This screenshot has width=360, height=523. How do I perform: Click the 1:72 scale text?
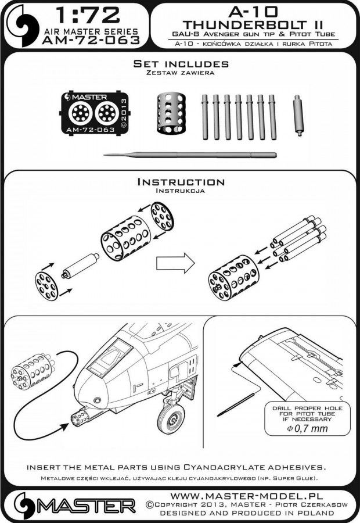88,13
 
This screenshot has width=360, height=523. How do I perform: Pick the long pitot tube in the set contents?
189,155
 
